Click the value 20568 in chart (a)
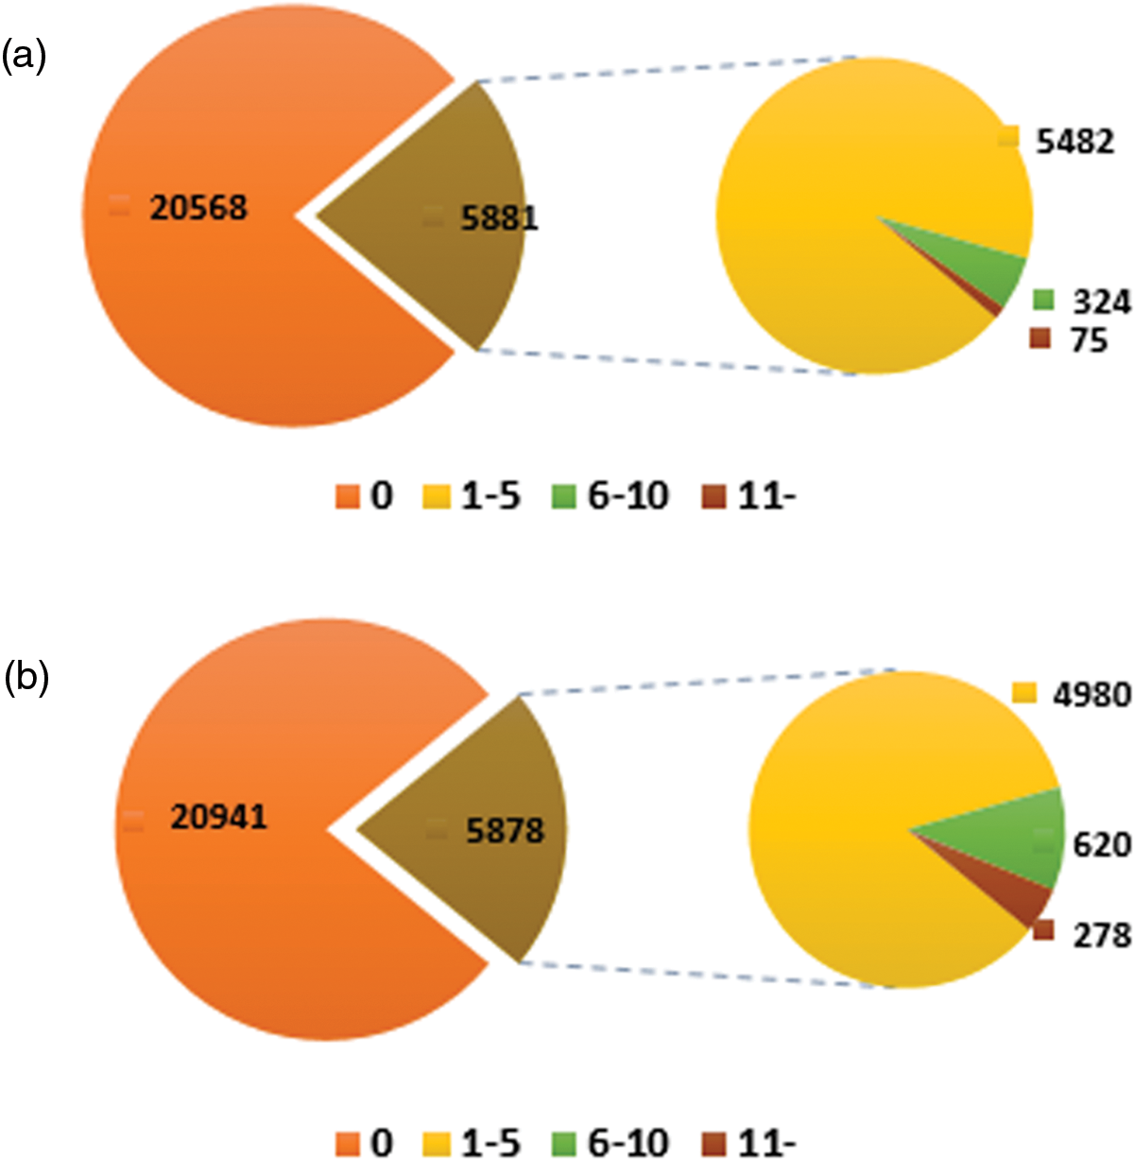[x=198, y=207]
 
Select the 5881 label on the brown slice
[x=499, y=218]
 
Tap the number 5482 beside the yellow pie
[x=1074, y=142]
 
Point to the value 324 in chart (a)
[x=1101, y=303]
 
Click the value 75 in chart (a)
[x=1088, y=340]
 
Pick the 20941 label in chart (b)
[x=219, y=817]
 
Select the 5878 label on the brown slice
[x=505, y=831]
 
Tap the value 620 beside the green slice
[x=1102, y=843]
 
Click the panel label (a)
[x=24, y=57]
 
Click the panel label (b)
[x=26, y=678]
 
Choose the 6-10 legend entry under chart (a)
[x=610, y=495]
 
